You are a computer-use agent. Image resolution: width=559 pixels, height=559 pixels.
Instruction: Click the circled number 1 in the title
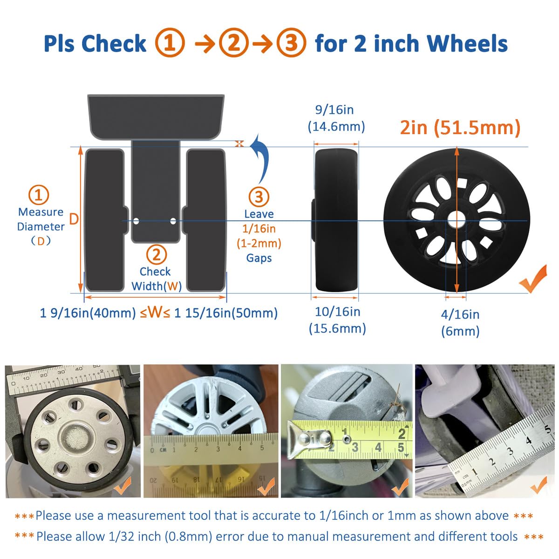tap(170, 43)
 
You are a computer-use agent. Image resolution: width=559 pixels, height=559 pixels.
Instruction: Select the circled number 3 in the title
tap(291, 43)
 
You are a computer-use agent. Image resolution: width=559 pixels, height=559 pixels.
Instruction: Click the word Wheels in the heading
tap(467, 43)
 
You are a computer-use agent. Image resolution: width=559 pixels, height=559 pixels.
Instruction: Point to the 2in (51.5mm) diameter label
tap(460, 127)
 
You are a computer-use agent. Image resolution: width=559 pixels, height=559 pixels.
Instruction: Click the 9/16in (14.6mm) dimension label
tap(336, 118)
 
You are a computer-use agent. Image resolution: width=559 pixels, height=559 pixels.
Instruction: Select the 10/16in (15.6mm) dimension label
tap(337, 320)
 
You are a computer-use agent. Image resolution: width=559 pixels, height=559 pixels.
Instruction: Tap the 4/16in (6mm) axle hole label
tap(460, 322)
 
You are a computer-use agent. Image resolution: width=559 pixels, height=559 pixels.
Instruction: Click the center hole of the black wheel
tap(457, 220)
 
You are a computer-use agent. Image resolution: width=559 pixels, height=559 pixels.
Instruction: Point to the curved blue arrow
tap(261, 158)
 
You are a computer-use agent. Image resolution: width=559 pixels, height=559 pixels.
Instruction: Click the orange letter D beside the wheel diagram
tap(74, 219)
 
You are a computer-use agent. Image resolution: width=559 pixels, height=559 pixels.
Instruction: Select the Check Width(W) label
tap(156, 279)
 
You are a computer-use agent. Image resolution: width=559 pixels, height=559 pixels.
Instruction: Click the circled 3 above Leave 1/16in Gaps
tap(259, 197)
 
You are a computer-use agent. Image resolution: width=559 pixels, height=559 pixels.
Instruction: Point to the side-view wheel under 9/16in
tap(336, 220)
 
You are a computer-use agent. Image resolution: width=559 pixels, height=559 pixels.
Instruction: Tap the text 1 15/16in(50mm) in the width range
tap(226, 313)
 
